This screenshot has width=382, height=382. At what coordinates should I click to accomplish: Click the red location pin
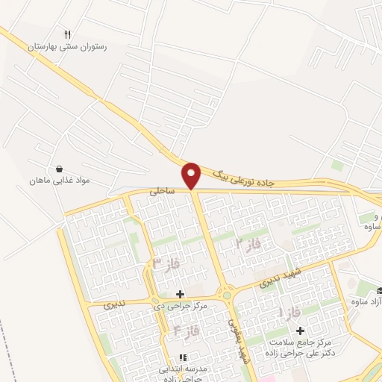192,175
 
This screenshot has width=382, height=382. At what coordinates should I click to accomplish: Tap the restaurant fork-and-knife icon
68,34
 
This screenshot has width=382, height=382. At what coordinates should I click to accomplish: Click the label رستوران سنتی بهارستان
68,46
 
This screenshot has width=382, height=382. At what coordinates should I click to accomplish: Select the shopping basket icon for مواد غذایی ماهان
59,169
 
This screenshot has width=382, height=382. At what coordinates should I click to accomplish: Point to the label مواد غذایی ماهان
59,181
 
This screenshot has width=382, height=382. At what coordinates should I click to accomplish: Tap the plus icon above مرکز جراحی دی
180,294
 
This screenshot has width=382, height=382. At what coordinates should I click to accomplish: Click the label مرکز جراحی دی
180,306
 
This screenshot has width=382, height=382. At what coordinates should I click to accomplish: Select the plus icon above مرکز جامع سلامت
301,331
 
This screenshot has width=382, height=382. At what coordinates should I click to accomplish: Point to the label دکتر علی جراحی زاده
301,352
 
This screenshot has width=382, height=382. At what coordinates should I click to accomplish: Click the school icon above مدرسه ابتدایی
181,357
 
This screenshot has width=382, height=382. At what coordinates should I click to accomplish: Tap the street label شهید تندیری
278,277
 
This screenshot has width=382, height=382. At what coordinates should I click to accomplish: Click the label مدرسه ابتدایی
181,368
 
